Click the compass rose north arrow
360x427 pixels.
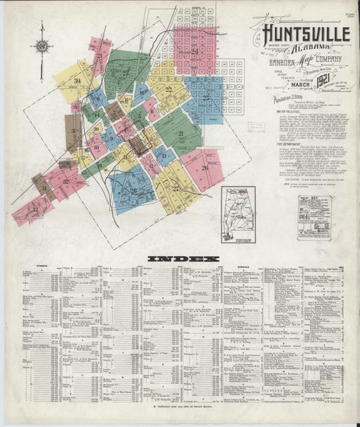[41, 46]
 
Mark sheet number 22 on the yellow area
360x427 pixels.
[168, 89]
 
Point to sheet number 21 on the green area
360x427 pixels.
[180, 133]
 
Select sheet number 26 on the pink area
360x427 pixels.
[205, 167]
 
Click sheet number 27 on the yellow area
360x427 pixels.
[176, 189]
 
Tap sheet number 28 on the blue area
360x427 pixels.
[133, 191]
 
